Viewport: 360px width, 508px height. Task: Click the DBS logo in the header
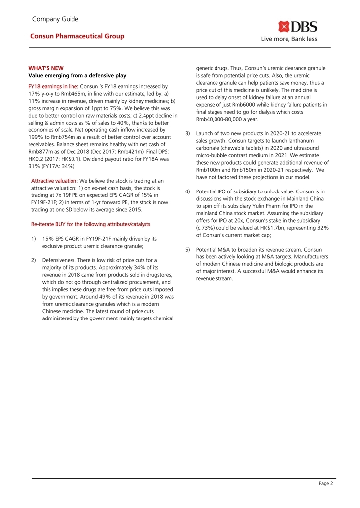tap(297, 26)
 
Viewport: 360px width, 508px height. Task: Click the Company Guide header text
tap(55, 19)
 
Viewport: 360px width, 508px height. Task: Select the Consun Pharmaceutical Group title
tap(77, 36)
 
